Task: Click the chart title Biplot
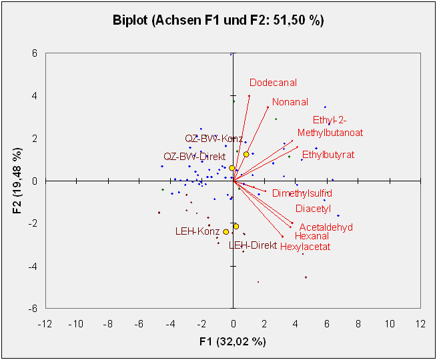point(218,20)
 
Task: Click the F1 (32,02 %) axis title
point(233,341)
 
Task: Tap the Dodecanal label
point(273,83)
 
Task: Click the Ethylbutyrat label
point(328,155)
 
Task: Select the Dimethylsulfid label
point(302,193)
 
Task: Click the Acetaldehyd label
point(326,227)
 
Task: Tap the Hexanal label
point(312,236)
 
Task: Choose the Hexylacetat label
point(305,247)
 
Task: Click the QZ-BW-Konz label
point(213,139)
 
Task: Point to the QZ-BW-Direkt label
point(194,156)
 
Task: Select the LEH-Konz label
point(197,231)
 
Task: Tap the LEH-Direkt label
point(252,245)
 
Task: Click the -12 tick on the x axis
point(45,323)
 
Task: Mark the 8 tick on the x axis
point(358,323)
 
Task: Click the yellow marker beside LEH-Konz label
point(226,231)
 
